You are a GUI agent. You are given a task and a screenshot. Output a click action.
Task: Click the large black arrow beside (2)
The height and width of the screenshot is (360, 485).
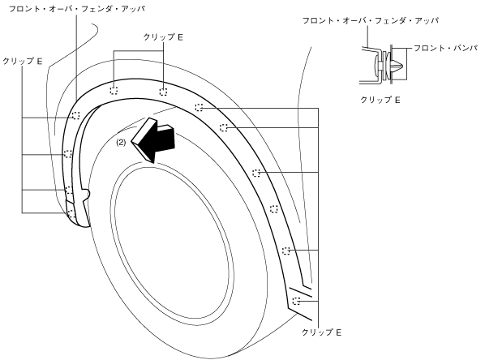(x=154, y=139)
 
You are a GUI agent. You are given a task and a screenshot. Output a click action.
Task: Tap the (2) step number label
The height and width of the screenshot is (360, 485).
(x=121, y=142)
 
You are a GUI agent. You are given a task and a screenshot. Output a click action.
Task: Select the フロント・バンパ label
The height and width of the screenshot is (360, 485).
(x=446, y=48)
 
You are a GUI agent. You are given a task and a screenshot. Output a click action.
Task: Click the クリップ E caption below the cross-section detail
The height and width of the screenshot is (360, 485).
(x=380, y=100)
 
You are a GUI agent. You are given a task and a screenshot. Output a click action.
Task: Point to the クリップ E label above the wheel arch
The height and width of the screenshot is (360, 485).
(x=163, y=37)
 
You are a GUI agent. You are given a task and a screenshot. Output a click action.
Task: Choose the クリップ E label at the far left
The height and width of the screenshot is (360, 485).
(x=22, y=62)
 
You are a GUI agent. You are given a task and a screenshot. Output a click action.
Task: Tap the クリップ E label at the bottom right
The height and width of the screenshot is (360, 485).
(x=321, y=332)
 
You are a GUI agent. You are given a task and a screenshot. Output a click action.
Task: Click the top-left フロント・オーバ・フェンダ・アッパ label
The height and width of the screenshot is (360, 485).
(x=77, y=9)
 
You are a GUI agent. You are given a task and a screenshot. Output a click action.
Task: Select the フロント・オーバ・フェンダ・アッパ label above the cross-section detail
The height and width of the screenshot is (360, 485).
(x=371, y=21)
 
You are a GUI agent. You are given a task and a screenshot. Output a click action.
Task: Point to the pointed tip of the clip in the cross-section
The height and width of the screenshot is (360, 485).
(x=401, y=66)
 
